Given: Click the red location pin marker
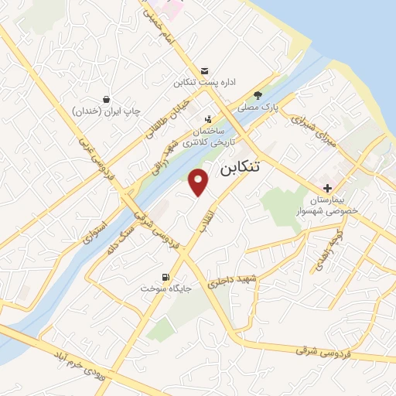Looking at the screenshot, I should point(200,183).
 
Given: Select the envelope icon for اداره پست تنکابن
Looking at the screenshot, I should point(204,70).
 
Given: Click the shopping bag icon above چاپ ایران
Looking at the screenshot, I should point(107,99).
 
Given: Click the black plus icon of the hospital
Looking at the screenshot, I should point(328,188).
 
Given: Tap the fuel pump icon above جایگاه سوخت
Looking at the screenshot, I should point(165,277).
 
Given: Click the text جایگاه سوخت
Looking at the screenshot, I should point(165,288).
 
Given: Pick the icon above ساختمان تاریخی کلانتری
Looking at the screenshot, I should point(208,118).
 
